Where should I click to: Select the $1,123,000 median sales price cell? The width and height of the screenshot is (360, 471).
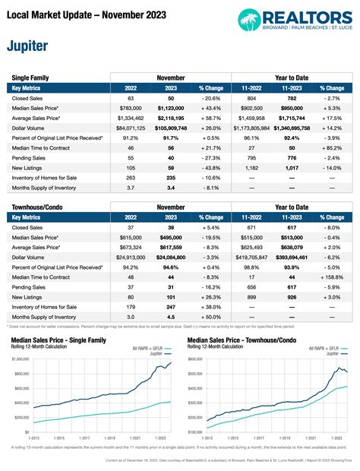tap(176, 109)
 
